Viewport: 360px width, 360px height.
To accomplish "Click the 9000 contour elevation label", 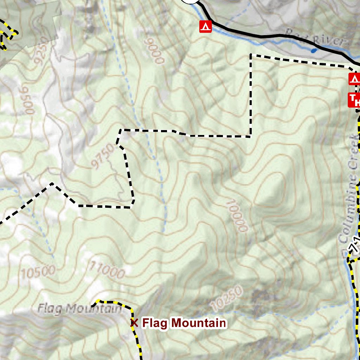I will tap(154, 51).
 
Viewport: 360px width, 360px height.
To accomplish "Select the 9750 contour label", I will tap(103, 157).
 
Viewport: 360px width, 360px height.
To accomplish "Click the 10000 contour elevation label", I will tap(239, 216).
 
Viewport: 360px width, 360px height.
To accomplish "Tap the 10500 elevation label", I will tap(38, 271).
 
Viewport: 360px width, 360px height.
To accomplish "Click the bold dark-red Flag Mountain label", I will tap(184, 323).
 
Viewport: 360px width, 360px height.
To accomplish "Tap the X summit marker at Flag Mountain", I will tap(134, 323).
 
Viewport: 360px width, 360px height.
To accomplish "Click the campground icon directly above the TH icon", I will tap(354, 79).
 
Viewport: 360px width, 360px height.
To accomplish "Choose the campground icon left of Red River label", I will tap(205, 27).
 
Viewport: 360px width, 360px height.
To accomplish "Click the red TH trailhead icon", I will tap(354, 100).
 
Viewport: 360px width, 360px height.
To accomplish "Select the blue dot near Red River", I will tap(314, 51).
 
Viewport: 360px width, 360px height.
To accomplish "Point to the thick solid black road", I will tap(267, 36).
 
